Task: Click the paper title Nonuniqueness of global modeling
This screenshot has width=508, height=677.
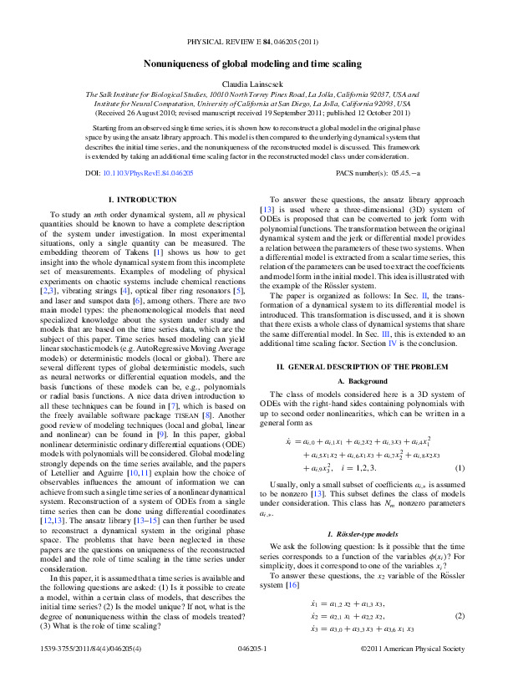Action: pyautogui.click(x=253, y=64)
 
